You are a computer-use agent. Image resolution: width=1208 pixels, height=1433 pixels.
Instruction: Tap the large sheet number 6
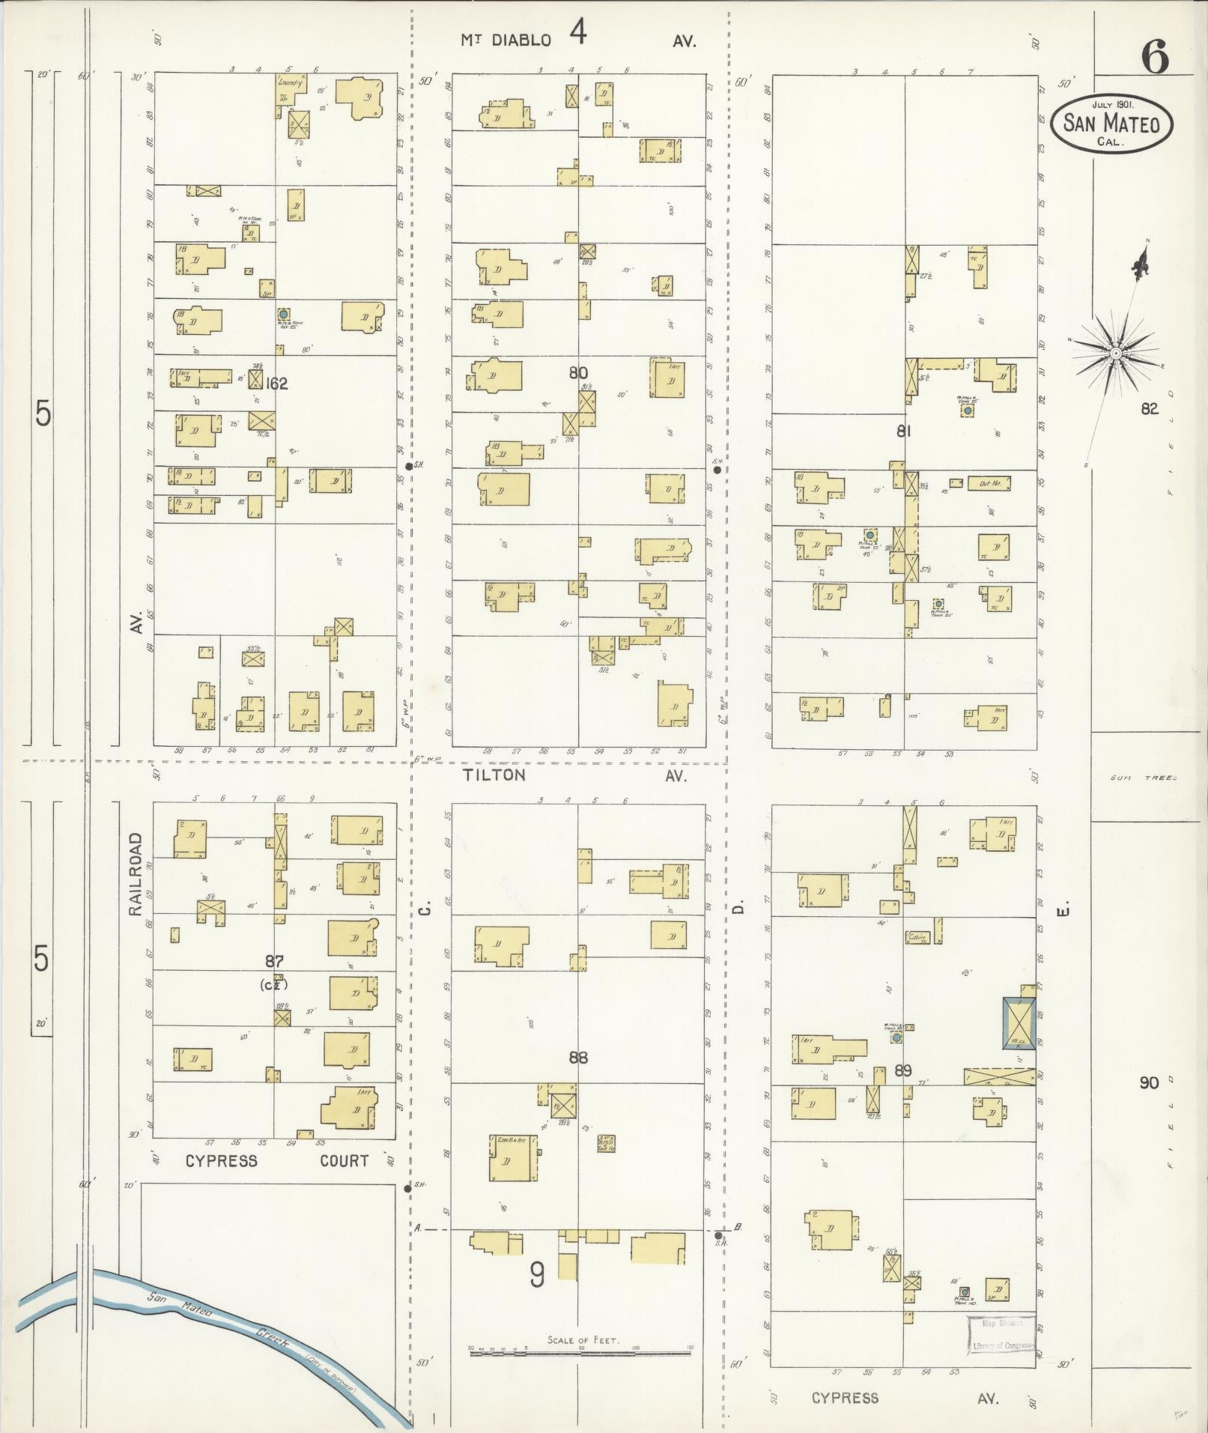(x=1154, y=57)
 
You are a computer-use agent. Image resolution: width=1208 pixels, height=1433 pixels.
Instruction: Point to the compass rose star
(x=1115, y=352)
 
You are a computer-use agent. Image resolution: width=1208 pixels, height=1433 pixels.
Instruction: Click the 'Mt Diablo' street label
(x=506, y=40)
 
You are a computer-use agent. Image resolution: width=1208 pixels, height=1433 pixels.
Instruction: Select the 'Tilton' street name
(x=494, y=775)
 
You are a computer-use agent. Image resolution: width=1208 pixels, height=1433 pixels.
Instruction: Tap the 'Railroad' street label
(x=136, y=873)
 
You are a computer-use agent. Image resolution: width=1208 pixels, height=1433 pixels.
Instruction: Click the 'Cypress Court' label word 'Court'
(x=345, y=1161)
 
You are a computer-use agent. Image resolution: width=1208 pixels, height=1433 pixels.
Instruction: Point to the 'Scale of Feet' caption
(x=583, y=1340)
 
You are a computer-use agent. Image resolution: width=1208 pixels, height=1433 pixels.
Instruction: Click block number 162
(x=276, y=384)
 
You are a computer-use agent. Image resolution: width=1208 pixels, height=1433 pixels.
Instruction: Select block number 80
(x=578, y=373)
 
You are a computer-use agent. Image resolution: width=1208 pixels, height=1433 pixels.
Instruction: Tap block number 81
(x=903, y=431)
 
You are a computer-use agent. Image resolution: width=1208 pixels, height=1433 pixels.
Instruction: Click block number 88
(x=578, y=1058)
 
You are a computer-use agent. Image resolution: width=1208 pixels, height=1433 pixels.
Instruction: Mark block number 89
(x=903, y=1071)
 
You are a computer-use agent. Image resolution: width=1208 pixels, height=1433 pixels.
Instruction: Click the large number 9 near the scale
(x=537, y=1275)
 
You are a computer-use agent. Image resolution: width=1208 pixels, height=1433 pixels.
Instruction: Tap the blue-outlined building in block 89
(x=1019, y=1023)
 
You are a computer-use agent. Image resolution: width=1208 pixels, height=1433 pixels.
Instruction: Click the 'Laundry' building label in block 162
(x=290, y=84)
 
